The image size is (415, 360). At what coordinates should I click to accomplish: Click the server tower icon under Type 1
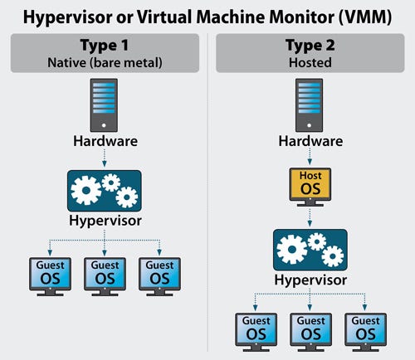tap(104, 104)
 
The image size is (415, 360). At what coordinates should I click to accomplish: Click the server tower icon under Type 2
tap(309, 104)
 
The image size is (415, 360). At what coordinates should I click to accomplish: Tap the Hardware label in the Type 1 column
tap(104, 142)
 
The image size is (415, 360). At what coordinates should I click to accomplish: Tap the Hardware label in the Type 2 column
tap(309, 142)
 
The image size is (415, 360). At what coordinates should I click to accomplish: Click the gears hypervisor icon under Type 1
tap(104, 192)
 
